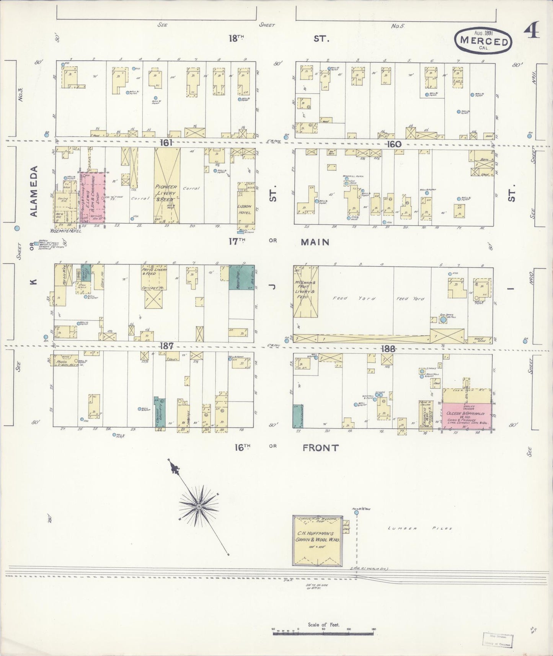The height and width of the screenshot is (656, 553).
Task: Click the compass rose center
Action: tap(199, 507)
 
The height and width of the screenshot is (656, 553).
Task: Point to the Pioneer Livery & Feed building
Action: tap(167, 186)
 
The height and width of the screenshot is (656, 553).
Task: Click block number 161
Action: tap(167, 143)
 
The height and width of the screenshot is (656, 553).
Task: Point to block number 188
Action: tap(388, 349)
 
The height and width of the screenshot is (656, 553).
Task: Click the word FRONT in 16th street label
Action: tap(320, 448)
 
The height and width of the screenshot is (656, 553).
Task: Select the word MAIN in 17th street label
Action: tap(315, 242)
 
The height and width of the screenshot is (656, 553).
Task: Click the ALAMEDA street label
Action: tap(34, 191)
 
